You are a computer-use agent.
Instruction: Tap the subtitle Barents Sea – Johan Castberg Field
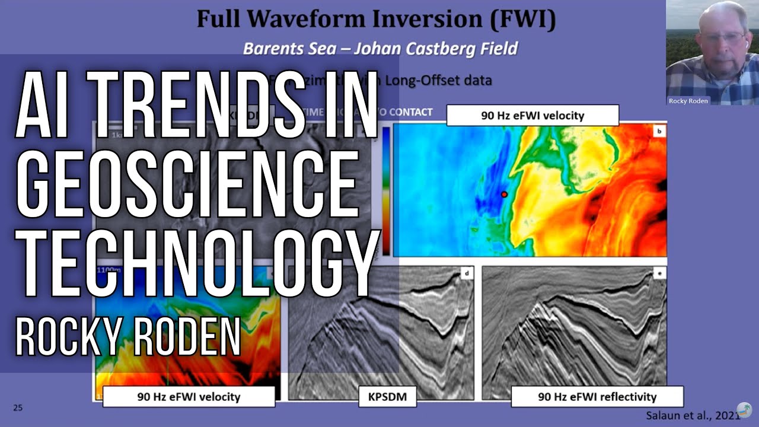(x=380, y=48)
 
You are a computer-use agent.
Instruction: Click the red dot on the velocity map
(x=504, y=195)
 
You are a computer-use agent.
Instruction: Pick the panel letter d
(x=467, y=273)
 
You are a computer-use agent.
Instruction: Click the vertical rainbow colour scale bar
(x=386, y=190)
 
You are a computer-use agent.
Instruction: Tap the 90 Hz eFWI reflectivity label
(x=597, y=397)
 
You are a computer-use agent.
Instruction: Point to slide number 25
(x=18, y=407)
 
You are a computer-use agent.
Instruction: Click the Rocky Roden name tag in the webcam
(x=688, y=101)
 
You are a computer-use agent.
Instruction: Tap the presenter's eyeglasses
(x=721, y=37)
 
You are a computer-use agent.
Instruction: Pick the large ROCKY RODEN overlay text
(x=127, y=337)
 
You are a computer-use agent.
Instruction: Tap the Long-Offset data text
(x=438, y=79)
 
